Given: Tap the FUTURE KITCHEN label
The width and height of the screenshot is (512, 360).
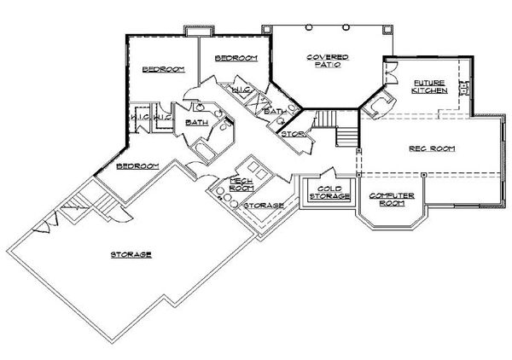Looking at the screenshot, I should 428,87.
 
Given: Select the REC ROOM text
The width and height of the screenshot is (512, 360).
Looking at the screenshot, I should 432,148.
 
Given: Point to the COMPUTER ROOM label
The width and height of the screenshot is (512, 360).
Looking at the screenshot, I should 392,200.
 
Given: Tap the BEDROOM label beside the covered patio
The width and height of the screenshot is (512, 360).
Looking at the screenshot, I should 236,58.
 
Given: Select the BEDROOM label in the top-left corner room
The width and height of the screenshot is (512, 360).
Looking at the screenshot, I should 159,69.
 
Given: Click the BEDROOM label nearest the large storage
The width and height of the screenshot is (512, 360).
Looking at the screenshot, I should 137,165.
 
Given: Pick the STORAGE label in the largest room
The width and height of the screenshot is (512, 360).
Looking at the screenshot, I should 131,254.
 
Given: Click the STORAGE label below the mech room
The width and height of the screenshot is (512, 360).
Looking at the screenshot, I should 264,206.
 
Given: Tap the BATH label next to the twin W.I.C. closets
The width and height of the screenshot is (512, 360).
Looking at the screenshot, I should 196,122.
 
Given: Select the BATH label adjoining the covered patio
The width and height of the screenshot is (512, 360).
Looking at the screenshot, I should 275,112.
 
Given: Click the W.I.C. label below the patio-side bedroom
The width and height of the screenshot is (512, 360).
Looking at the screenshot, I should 241,88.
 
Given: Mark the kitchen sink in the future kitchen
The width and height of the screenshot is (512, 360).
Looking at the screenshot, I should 463,87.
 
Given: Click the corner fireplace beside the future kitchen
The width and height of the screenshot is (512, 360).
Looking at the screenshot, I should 380,105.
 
